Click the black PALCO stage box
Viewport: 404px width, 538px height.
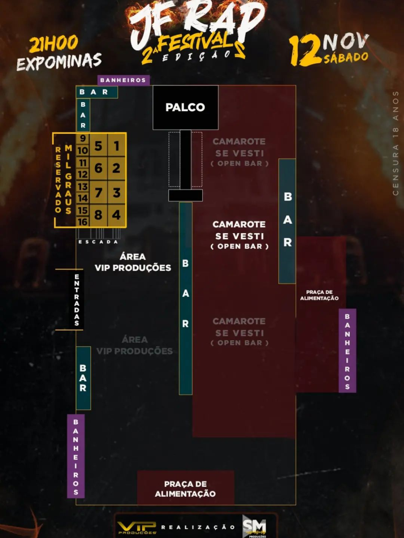[186, 108]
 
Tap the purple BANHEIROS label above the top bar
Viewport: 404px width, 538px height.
[123, 80]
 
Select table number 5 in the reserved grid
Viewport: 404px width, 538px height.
[98, 146]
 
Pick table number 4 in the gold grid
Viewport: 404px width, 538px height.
[116, 215]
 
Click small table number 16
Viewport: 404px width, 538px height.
[82, 222]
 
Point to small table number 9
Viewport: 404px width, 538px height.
[82, 138]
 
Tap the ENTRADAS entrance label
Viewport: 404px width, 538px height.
[77, 300]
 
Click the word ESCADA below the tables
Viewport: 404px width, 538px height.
[98, 242]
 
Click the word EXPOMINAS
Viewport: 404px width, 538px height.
[59, 62]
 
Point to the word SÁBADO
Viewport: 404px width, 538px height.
[346, 57]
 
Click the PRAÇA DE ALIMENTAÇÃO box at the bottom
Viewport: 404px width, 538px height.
[186, 489]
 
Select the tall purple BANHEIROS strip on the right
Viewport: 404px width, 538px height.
[347, 351]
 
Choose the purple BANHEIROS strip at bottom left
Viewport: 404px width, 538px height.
[76, 456]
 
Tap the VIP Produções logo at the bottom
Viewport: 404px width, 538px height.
[137, 527]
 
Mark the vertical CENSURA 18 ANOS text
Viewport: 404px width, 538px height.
[396, 143]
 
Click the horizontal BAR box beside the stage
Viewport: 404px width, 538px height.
[97, 92]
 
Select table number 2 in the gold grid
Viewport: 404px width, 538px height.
[116, 168]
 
